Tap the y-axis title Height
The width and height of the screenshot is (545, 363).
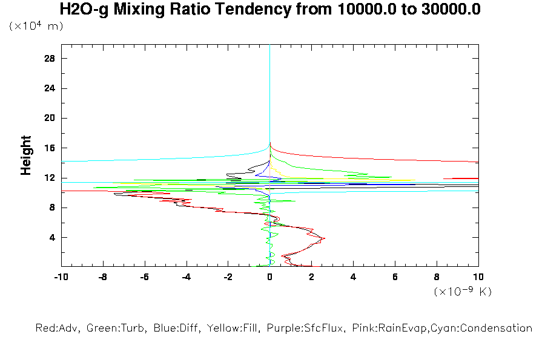click(26, 155)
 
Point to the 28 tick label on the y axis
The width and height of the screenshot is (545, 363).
click(50, 58)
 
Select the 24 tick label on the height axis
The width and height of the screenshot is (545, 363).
click(50, 88)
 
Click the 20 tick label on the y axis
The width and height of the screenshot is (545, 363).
click(50, 118)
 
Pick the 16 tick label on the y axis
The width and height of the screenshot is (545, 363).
click(50, 148)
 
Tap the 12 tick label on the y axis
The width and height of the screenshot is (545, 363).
click(50, 178)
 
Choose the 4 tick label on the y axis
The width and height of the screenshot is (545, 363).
click(52, 237)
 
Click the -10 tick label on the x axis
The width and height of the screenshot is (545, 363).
click(61, 277)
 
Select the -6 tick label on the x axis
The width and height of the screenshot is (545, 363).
click(144, 277)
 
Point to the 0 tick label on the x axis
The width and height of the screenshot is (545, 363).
click(270, 277)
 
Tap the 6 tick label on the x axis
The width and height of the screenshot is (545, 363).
click(395, 277)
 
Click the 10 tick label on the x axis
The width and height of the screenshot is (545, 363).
click(478, 277)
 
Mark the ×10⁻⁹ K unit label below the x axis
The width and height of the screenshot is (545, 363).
click(463, 292)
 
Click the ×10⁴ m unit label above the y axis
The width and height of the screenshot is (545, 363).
click(36, 27)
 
